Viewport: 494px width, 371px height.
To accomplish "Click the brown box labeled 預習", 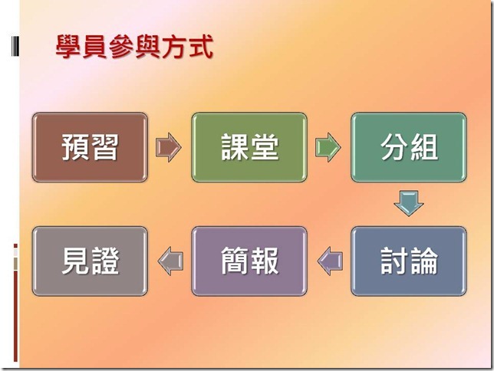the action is [x=90, y=147].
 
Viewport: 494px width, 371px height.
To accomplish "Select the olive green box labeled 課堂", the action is [x=249, y=147].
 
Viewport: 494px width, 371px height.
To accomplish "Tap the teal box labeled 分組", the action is [x=409, y=147].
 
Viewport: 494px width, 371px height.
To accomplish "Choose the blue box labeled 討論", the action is [x=409, y=261].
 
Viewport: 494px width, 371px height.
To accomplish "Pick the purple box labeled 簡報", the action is [x=249, y=261].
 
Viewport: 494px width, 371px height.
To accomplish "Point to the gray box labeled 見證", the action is [x=90, y=261].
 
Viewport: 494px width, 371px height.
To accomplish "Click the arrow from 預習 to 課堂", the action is [x=169, y=147].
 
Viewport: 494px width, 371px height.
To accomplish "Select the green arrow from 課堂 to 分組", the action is [x=328, y=147].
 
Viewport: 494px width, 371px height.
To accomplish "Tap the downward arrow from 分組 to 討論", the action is [x=409, y=203].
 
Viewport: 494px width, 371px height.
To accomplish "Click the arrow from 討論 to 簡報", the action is [x=330, y=261].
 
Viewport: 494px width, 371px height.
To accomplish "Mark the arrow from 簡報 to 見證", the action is [x=170, y=261].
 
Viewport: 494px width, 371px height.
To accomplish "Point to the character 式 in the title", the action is [x=201, y=47].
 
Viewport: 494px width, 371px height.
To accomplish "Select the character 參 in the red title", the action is [x=121, y=47].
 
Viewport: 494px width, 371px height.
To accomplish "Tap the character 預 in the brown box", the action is [x=75, y=147].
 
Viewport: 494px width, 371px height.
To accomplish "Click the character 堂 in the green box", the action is [x=265, y=147].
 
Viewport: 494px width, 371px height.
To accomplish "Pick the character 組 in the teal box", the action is [x=424, y=147].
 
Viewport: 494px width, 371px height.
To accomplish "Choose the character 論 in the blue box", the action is [x=424, y=261].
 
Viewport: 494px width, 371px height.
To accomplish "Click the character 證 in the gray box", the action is [x=105, y=261].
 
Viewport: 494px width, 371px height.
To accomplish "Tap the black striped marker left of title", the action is [x=15, y=46].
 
